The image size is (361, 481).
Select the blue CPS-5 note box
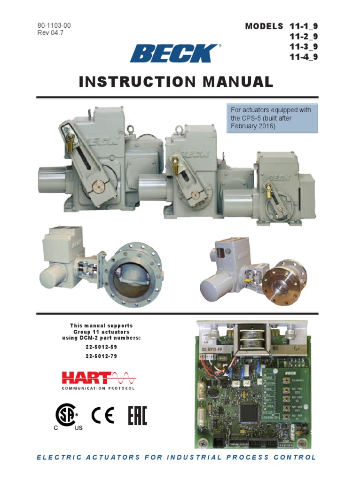point(272,118)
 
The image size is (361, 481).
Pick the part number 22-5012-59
point(101,347)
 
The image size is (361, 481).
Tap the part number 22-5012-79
point(101,356)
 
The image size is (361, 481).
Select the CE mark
point(103,415)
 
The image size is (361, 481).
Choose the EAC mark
point(137,416)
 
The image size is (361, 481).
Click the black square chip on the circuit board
point(249,412)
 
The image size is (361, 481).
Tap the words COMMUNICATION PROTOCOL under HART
point(98,388)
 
